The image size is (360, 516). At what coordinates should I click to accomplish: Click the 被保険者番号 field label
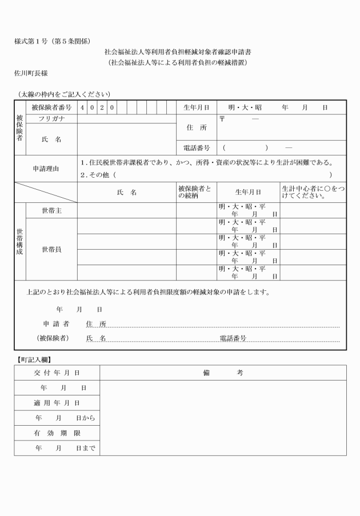pos(51,107)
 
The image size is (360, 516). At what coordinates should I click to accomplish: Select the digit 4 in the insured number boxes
pos(82,107)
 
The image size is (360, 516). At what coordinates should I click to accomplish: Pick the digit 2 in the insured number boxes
pos(102,107)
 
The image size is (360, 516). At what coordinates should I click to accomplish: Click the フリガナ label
pos(51,119)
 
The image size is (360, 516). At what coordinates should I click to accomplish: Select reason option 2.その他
pos(98,175)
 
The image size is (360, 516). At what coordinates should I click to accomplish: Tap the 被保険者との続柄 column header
pos(194,193)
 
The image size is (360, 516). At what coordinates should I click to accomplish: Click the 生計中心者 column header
pos(313,193)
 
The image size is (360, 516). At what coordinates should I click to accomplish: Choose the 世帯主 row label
pos(51,211)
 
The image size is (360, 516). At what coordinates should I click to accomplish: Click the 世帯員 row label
pos(51,249)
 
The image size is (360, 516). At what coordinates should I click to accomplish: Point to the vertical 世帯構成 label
pos(20,242)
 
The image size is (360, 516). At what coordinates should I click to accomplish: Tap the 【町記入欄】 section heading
pos(33,360)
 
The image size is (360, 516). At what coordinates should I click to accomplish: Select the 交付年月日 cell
pos(57,373)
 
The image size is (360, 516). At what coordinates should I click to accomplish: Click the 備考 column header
pos(223,373)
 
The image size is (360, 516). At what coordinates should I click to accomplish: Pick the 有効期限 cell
pos(57,433)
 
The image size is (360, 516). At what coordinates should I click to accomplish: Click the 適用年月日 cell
pos(57,403)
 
